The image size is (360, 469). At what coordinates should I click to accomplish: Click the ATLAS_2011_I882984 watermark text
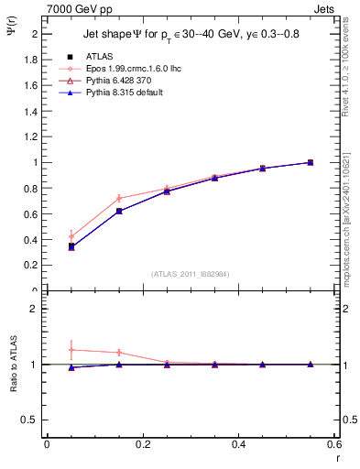coord(191,273)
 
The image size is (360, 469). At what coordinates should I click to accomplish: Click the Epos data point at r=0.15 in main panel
coord(119,198)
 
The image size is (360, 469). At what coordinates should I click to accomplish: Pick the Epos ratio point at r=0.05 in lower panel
coord(71,350)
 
